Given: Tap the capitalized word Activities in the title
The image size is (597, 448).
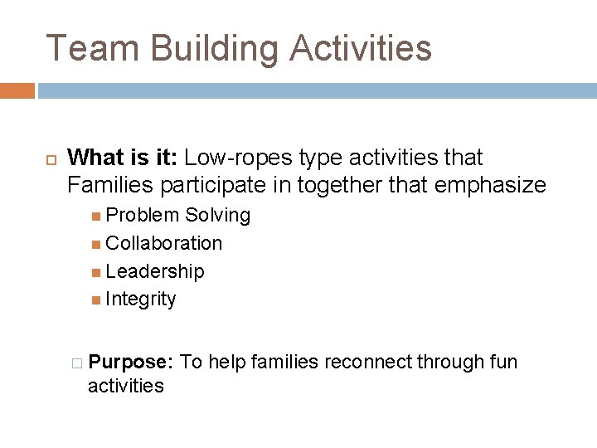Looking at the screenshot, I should tap(361, 48).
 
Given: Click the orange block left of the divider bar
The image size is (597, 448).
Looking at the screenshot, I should tap(17, 90).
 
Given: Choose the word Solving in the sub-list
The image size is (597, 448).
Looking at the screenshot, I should tap(218, 215).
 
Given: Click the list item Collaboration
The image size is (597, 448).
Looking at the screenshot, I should tap(164, 243).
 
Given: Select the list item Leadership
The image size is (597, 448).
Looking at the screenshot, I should tap(155, 271).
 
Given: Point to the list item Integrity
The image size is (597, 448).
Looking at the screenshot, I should tap(141, 299).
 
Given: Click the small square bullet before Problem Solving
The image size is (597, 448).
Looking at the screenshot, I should tap(97, 216).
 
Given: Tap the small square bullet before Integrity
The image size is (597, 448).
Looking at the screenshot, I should tap(97, 299).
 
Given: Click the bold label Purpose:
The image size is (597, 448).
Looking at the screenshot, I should tap(130, 363).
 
